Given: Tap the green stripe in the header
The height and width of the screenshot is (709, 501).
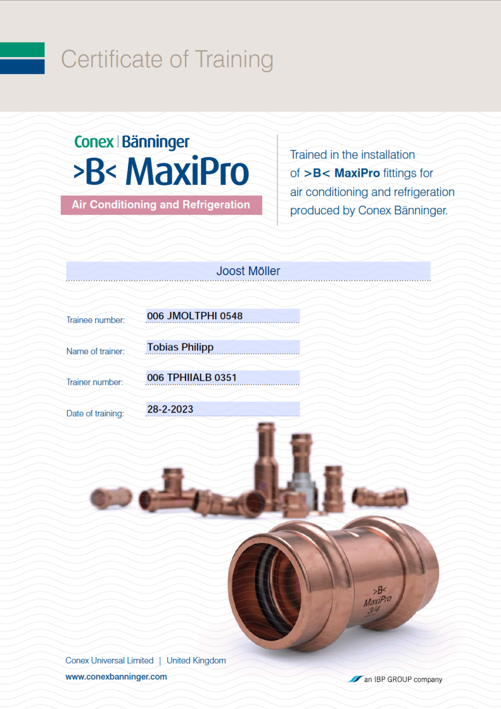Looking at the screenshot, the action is pyautogui.click(x=22, y=50).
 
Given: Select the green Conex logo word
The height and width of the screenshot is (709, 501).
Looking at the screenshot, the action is pyautogui.click(x=94, y=142).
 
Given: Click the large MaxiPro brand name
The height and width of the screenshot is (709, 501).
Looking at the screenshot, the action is pyautogui.click(x=187, y=171).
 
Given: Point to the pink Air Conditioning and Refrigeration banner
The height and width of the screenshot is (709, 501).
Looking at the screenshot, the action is pyautogui.click(x=161, y=205).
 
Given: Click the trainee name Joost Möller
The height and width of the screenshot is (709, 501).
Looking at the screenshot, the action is pyautogui.click(x=248, y=271).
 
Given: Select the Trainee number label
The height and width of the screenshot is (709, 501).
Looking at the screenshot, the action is pyautogui.click(x=95, y=320).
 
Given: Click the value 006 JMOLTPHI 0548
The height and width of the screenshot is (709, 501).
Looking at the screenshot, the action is pyautogui.click(x=195, y=315).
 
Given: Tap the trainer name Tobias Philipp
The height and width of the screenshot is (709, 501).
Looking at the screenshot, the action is pyautogui.click(x=181, y=347).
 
